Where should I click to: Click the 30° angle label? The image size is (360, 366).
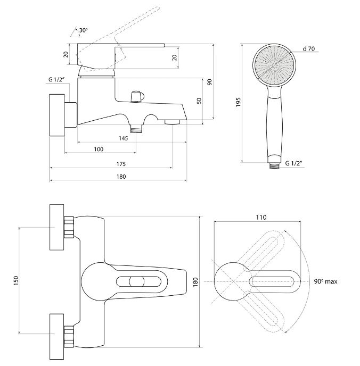(x=83, y=30)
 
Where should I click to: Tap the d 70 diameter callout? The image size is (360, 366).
(x=308, y=49)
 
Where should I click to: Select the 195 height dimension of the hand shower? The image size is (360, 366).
(x=238, y=102)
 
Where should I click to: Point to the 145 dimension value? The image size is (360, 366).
(x=123, y=138)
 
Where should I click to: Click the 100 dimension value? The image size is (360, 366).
(x=99, y=149)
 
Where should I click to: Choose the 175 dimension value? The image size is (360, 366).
(x=121, y=164)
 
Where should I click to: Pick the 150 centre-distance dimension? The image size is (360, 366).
(x=16, y=280)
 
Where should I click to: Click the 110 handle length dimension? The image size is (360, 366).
(x=261, y=217)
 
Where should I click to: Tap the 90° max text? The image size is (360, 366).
(x=325, y=281)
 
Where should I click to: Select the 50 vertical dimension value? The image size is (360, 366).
(x=199, y=101)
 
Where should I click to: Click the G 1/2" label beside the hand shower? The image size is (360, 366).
(x=293, y=163)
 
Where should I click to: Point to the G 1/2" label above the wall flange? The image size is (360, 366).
(x=56, y=79)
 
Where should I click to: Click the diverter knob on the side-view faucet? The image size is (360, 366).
(x=137, y=96)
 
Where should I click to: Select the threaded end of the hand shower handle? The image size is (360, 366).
(x=274, y=166)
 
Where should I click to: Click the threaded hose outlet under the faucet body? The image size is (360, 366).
(x=136, y=129)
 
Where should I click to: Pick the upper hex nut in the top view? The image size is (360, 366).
(x=69, y=227)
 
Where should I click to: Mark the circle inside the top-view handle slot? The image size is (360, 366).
(x=137, y=282)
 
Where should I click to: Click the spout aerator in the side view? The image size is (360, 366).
(x=172, y=122)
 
